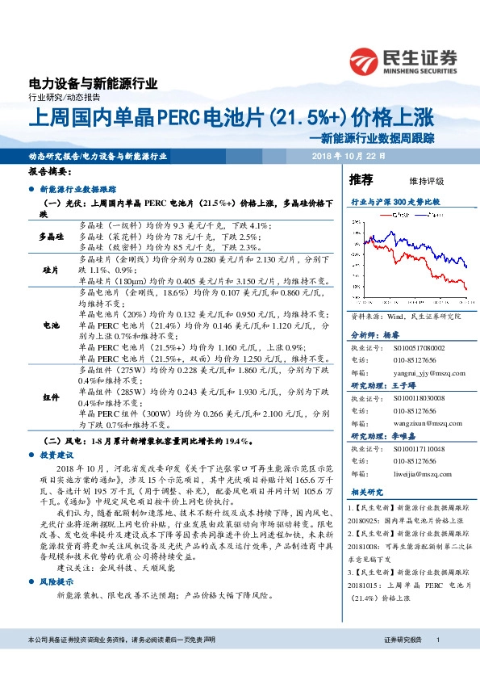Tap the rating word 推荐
361,178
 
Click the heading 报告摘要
50,172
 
